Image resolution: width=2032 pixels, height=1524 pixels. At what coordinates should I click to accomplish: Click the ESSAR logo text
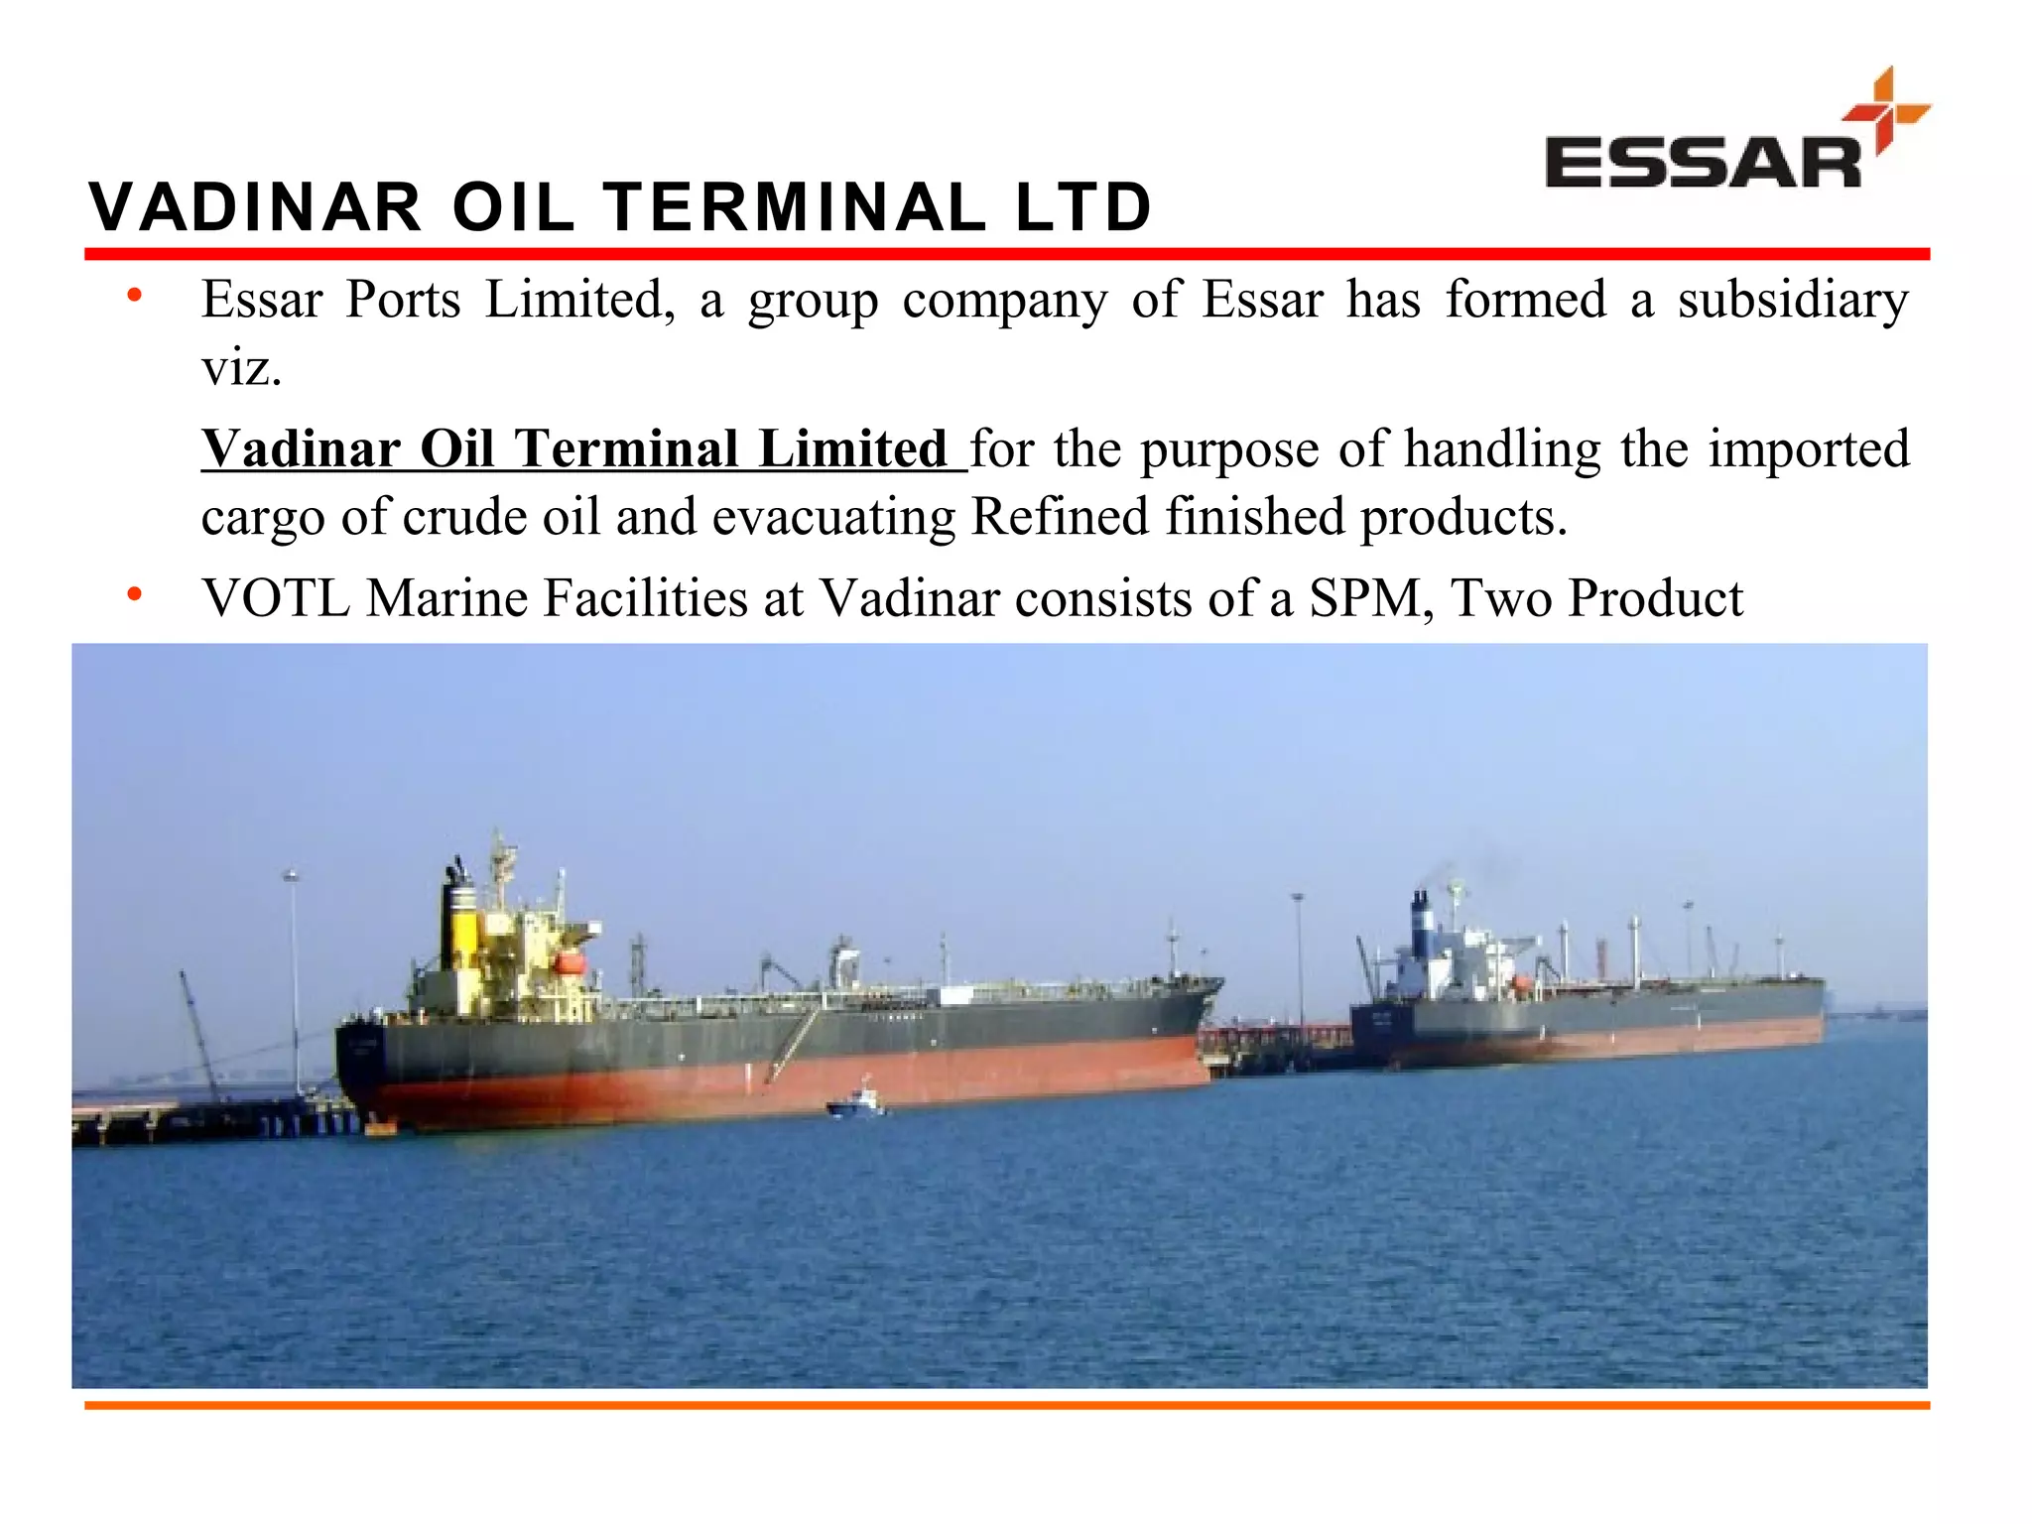[x=1703, y=164]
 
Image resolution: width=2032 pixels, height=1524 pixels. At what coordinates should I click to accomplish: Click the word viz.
[x=241, y=368]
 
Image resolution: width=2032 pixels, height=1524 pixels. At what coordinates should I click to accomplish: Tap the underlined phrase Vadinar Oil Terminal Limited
[x=575, y=448]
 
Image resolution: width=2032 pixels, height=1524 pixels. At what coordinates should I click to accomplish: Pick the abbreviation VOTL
[x=275, y=598]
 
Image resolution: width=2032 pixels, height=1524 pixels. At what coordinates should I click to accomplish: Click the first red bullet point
[x=135, y=296]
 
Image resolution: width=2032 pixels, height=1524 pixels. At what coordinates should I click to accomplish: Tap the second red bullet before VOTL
[x=135, y=594]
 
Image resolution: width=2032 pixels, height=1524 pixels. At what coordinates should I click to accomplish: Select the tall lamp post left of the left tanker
[x=293, y=982]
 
